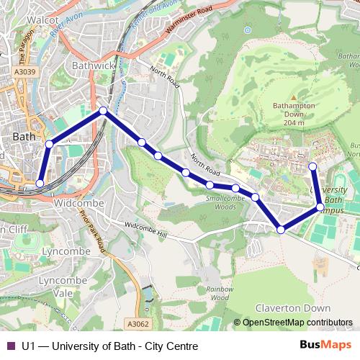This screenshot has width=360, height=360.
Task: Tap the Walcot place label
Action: [44, 21]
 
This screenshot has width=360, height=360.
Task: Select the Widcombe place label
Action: [79, 204]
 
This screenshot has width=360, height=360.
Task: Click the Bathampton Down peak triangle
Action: [293, 97]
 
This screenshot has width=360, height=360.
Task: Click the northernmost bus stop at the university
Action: [313, 167]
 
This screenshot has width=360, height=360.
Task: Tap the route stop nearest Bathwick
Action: [104, 111]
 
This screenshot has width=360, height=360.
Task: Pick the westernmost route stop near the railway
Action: [40, 184]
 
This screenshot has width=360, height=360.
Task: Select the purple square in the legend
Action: [11, 346]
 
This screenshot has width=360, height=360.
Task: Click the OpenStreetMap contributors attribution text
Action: [297, 323]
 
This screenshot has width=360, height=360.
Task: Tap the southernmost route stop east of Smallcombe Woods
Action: [281, 230]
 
